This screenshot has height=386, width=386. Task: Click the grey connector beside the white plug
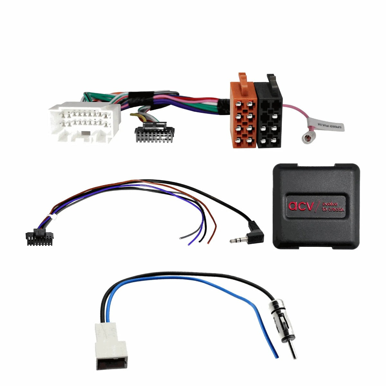154,132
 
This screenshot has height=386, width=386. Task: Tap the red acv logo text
300,206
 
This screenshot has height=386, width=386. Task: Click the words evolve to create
333,207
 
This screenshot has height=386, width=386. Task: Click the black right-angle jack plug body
255,234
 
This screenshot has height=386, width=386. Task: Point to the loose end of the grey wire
180,238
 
